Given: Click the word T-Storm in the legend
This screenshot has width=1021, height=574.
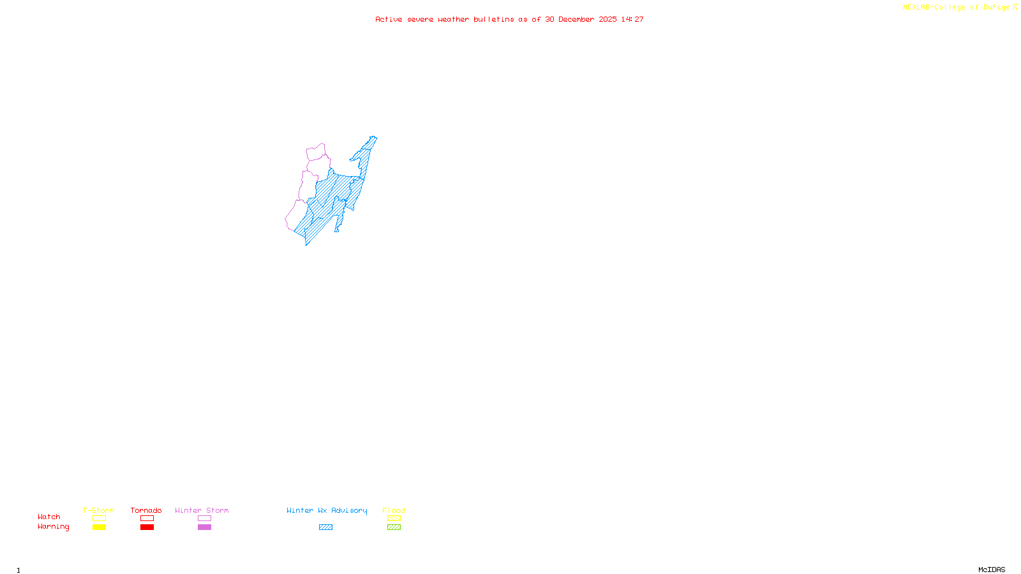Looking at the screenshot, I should pyautogui.click(x=98, y=510).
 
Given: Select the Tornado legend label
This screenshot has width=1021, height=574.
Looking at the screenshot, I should pyautogui.click(x=146, y=510).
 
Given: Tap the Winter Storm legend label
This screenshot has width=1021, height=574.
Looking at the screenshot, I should pyautogui.click(x=202, y=510).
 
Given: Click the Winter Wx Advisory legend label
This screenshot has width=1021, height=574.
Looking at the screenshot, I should pyautogui.click(x=327, y=510).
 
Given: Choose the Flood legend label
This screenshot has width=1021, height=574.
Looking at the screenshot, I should pyautogui.click(x=394, y=510).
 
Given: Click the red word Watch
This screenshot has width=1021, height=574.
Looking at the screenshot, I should pyautogui.click(x=49, y=517).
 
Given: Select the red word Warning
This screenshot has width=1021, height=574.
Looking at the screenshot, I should pyautogui.click(x=53, y=527).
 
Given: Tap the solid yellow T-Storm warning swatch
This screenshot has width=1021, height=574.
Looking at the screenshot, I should pyautogui.click(x=99, y=527).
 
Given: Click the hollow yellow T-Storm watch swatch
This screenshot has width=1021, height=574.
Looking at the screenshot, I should pyautogui.click(x=99, y=519).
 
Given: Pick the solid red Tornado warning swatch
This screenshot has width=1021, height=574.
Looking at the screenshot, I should pyautogui.click(x=147, y=527).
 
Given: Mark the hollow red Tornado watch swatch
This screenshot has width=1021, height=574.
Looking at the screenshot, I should pyautogui.click(x=147, y=519).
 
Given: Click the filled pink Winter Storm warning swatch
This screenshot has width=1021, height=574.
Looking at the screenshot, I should pyautogui.click(x=204, y=527).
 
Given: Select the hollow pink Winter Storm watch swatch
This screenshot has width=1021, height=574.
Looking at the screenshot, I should pyautogui.click(x=204, y=519).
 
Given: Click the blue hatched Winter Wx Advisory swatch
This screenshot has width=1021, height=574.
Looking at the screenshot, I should pyautogui.click(x=325, y=527).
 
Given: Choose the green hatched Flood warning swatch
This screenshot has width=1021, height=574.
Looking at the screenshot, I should pyautogui.click(x=394, y=527).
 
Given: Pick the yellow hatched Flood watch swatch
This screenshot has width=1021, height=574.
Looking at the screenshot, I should pyautogui.click(x=394, y=519).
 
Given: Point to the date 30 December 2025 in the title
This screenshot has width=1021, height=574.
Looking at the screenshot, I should pyautogui.click(x=581, y=20).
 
